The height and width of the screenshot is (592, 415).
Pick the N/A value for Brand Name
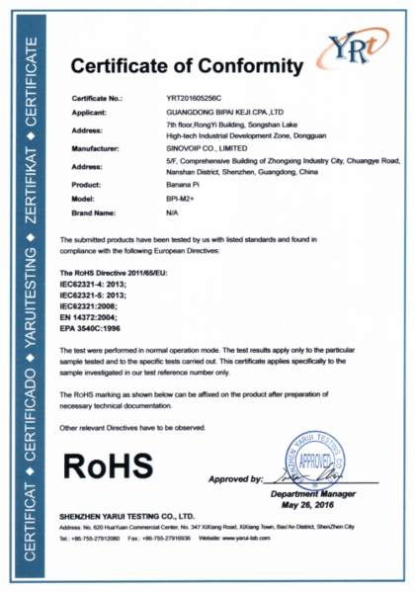point(172,213)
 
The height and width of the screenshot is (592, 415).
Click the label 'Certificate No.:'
point(98,101)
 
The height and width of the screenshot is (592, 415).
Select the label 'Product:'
point(90,186)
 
